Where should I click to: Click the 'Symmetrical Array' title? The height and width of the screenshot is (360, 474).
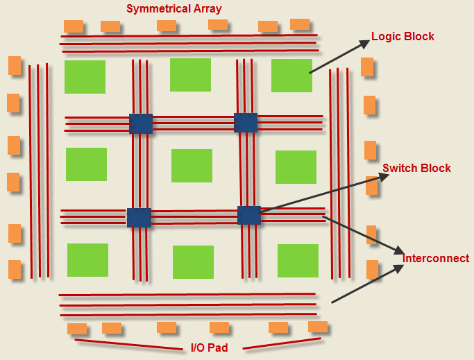pyautogui.click(x=173, y=9)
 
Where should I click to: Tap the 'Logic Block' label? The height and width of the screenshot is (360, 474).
pyautogui.click(x=403, y=36)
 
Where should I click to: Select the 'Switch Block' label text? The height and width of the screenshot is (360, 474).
pyautogui.click(x=416, y=168)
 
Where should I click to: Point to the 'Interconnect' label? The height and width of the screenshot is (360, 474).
pyautogui.click(x=436, y=258)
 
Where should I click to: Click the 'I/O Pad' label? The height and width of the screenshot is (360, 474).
pyautogui.click(x=209, y=347)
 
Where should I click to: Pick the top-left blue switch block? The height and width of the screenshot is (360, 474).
pyautogui.click(x=141, y=123)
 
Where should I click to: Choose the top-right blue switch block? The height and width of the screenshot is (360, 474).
pyautogui.click(x=246, y=123)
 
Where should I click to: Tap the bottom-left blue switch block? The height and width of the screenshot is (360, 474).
pyautogui.click(x=139, y=217)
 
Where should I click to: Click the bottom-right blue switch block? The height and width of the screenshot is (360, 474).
pyautogui.click(x=249, y=215)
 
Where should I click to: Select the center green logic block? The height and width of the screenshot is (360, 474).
pyautogui.click(x=192, y=166)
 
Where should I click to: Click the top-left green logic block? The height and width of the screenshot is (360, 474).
pyautogui.click(x=85, y=77)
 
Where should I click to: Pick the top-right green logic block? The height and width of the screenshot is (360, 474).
pyautogui.click(x=291, y=76)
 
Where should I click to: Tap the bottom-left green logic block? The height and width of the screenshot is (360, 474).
pyautogui.click(x=87, y=260)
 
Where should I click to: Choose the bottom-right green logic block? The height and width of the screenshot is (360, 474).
pyautogui.click(x=298, y=261)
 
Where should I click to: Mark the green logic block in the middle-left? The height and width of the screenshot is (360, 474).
pyautogui.click(x=86, y=164)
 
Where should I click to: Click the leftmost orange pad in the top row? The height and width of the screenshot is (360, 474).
pyautogui.click(x=74, y=26)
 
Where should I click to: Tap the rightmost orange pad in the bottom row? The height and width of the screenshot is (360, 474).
pyautogui.click(x=318, y=327)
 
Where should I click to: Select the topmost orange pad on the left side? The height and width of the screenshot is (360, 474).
pyautogui.click(x=15, y=65)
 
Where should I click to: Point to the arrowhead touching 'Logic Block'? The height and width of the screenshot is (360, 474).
pyautogui.click(x=366, y=42)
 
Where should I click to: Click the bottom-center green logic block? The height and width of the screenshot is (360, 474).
pyautogui.click(x=193, y=262)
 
